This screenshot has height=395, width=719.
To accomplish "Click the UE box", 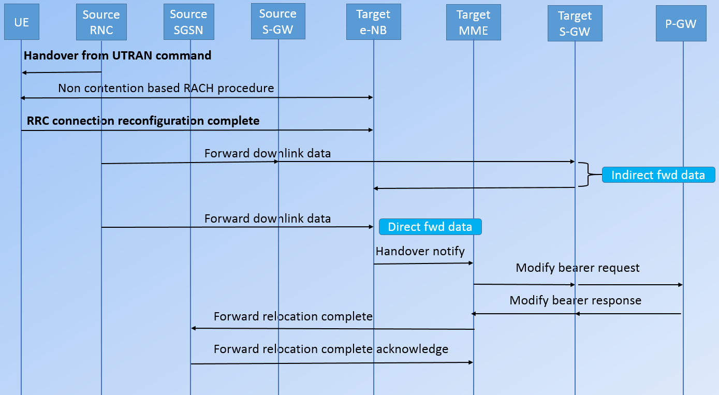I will (x=22, y=23).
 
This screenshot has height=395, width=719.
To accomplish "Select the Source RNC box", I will (x=101, y=22).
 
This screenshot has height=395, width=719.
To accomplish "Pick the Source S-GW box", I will (x=278, y=21).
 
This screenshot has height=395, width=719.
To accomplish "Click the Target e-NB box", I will (x=373, y=22).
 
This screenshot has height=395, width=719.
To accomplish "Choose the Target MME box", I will (x=473, y=22).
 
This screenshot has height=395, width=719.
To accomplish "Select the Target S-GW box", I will (x=575, y=24).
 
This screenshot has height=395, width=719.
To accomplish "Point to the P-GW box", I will (x=681, y=23).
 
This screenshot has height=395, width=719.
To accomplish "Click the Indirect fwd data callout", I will (x=658, y=175).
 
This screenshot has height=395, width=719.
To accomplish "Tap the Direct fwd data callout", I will (x=430, y=227).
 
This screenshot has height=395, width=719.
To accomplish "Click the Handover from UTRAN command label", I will (x=118, y=55).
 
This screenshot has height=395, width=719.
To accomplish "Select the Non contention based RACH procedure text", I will (x=166, y=88).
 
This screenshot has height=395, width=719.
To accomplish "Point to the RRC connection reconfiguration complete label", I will (x=143, y=121).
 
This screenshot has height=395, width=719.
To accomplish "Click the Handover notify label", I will (x=420, y=251).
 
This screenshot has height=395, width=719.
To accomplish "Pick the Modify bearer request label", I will (x=578, y=268).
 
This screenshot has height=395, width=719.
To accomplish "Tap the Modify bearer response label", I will (x=575, y=300).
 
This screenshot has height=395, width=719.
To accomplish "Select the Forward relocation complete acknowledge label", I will (x=331, y=349).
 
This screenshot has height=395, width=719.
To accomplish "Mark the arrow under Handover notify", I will (x=423, y=264).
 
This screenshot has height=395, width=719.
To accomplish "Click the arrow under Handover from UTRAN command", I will (x=61, y=72).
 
